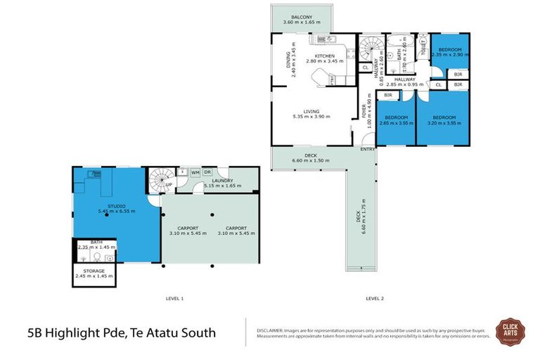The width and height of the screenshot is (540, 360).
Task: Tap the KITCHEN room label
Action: (x=324, y=56)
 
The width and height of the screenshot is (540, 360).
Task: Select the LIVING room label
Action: (x=311, y=111)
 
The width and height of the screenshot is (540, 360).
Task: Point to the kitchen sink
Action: (x=325, y=39)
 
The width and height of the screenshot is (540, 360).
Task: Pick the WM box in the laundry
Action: (x=195, y=172)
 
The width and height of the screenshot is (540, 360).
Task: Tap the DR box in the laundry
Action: (x=207, y=172)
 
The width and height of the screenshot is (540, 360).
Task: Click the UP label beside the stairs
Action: (x=169, y=186)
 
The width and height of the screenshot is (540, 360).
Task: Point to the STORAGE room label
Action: (x=94, y=271)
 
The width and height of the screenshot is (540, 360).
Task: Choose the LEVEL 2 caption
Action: (x=374, y=299)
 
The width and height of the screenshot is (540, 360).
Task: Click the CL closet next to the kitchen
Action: (x=364, y=67)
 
